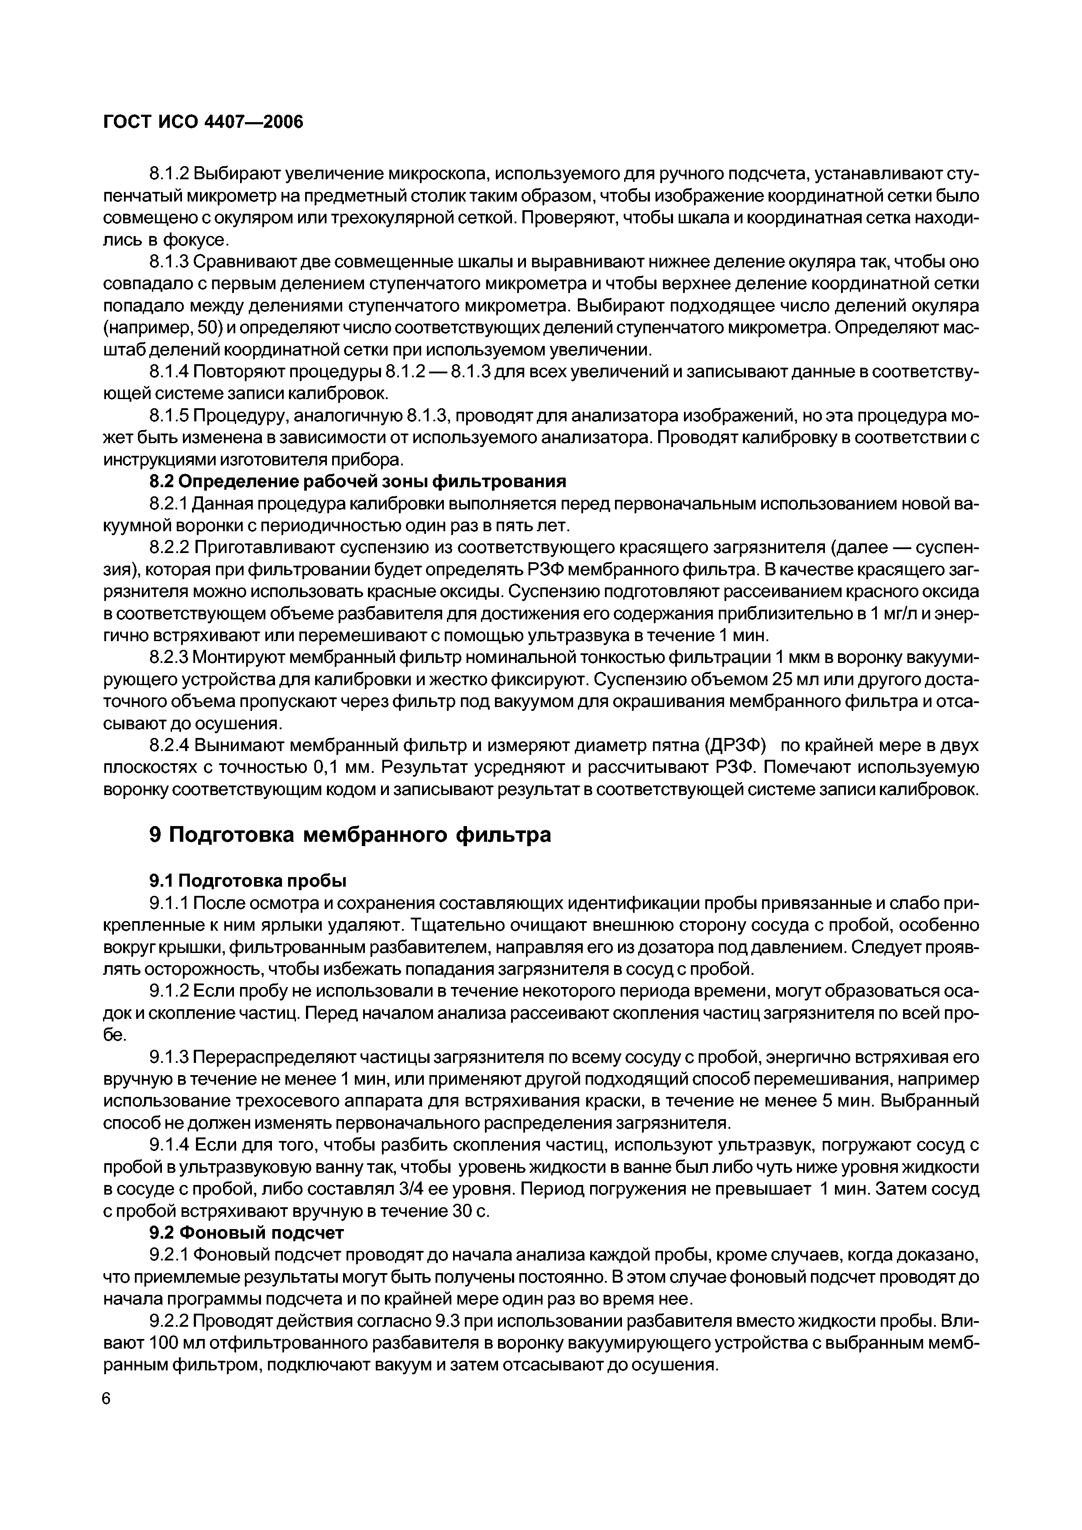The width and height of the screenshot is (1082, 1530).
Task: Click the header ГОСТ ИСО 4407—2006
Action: tap(203, 123)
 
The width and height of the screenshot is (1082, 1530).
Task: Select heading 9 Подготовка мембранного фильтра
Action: tap(350, 834)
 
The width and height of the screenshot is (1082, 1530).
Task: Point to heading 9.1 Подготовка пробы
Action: tap(247, 881)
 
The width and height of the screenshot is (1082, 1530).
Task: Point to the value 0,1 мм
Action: tap(341, 767)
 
